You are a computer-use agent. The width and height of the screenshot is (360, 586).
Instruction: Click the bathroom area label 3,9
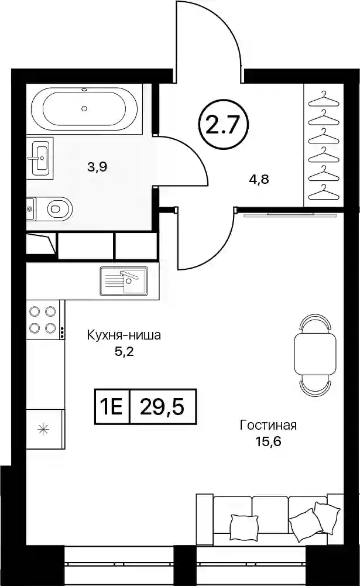click(97, 167)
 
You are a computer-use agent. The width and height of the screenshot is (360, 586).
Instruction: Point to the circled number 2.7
click(225, 125)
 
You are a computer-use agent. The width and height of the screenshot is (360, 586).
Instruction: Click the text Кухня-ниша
click(124, 335)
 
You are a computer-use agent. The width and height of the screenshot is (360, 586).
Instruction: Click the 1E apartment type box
click(111, 406)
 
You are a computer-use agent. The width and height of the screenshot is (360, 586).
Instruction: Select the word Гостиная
click(268, 426)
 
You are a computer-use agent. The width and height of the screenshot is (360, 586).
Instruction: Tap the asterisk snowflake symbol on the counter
click(43, 429)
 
